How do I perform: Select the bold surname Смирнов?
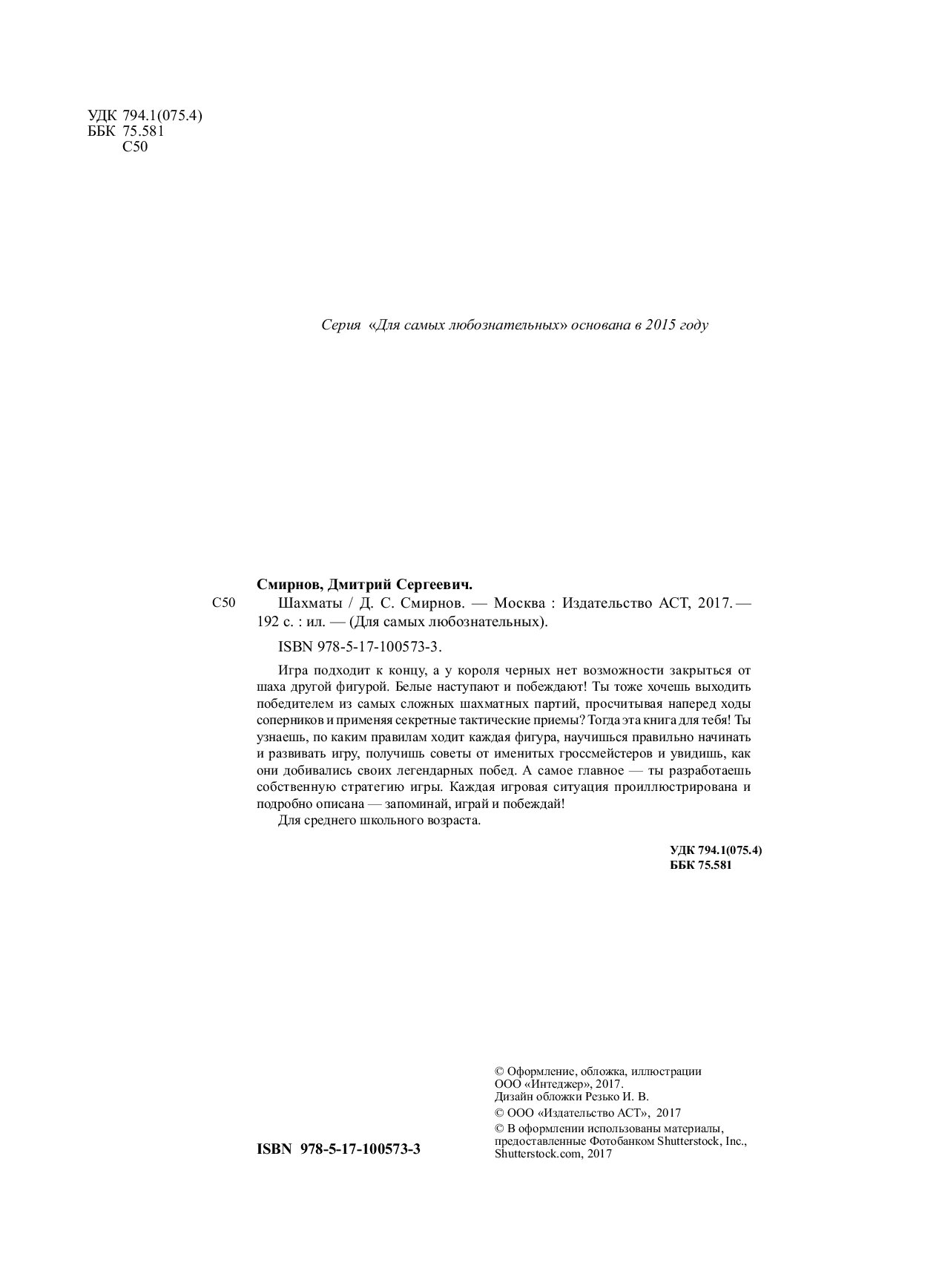point(281,584)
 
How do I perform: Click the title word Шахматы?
point(284,603)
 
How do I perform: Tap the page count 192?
point(264,623)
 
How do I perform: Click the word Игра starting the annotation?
point(291,670)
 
